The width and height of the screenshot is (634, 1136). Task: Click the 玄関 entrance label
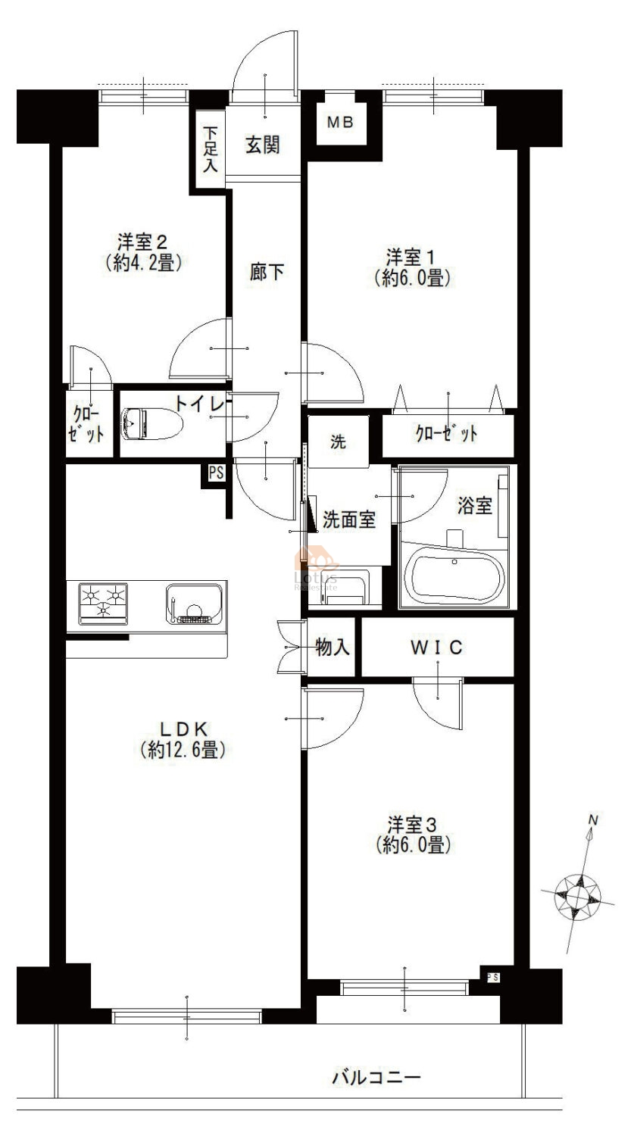tap(263, 145)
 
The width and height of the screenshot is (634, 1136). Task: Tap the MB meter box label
tap(340, 122)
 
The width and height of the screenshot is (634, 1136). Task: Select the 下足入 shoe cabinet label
tap(210, 149)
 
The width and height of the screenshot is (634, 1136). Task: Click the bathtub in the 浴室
tap(458, 578)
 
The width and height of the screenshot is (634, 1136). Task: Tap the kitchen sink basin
tap(194, 604)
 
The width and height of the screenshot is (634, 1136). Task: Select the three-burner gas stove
tap(103, 604)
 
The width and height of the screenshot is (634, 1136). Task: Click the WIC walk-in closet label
tap(437, 648)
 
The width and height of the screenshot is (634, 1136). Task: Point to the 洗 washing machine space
tap(339, 442)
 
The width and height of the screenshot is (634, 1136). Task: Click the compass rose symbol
tap(578, 897)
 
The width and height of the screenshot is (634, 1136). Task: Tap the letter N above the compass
tap(593, 820)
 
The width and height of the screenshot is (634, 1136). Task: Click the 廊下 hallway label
tap(267, 273)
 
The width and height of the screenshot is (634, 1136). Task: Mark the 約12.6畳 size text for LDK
tap(183, 750)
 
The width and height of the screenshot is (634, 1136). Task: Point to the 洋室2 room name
tap(142, 242)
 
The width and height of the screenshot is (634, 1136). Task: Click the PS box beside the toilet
tap(216, 473)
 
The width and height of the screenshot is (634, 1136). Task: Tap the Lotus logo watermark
tap(316, 567)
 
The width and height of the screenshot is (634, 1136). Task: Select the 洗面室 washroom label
tap(349, 520)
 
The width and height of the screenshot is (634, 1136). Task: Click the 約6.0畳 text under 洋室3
tap(414, 845)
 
